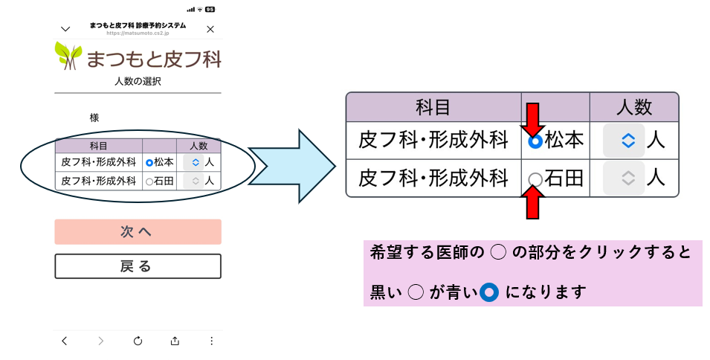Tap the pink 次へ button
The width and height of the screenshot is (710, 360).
click(x=138, y=232)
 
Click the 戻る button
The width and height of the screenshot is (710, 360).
click(x=138, y=266)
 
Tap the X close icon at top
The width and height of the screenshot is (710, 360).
click(x=210, y=29)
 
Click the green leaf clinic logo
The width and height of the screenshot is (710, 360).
click(x=68, y=56)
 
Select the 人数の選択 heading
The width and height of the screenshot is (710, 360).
click(x=138, y=81)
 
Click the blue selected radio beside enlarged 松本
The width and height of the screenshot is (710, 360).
click(x=535, y=141)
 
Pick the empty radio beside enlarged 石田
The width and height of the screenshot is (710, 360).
click(x=535, y=179)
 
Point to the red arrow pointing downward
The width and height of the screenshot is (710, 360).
click(x=535, y=119)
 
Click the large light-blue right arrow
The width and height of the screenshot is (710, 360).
click(x=294, y=165)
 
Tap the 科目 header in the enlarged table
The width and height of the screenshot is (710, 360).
click(x=433, y=106)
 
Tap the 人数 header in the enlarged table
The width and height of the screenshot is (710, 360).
click(x=633, y=106)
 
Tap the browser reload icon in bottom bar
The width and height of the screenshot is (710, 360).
click(x=138, y=341)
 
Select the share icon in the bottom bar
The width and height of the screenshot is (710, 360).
click(x=175, y=341)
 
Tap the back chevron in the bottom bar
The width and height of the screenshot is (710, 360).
click(x=65, y=341)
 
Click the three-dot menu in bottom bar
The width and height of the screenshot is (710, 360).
click(x=211, y=341)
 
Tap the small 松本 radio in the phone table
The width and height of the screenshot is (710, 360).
click(x=149, y=162)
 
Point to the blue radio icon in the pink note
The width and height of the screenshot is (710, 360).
click(x=488, y=292)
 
